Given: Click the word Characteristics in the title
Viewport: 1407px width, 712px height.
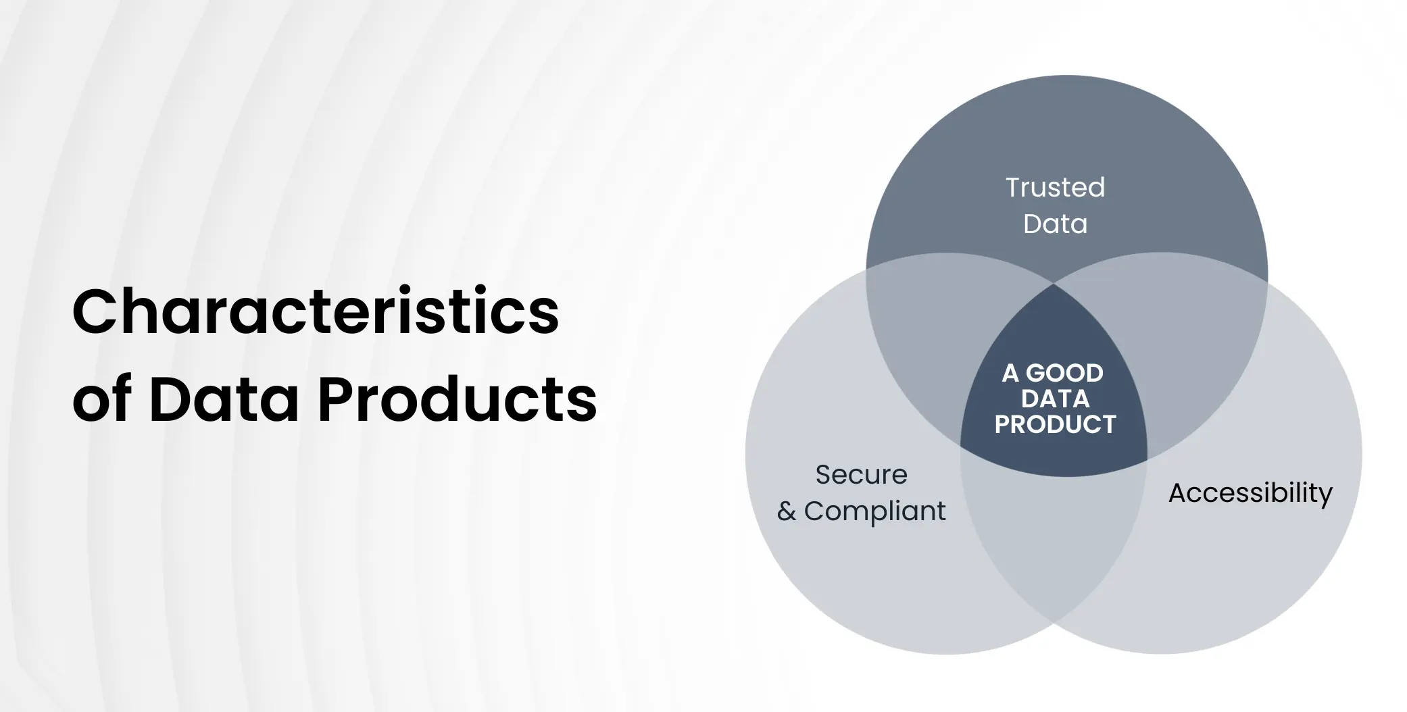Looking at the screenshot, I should (316, 312).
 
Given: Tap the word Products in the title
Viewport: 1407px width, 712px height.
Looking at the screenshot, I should (458, 400).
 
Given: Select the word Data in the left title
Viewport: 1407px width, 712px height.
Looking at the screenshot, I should (224, 400).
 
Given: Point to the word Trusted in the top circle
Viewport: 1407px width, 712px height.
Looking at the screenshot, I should (1055, 188).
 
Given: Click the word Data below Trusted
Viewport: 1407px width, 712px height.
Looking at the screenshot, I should (1055, 224).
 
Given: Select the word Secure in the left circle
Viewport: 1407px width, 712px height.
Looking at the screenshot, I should (861, 475).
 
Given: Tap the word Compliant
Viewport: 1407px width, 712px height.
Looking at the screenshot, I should (874, 512).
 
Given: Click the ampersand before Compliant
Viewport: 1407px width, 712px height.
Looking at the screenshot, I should (786, 512).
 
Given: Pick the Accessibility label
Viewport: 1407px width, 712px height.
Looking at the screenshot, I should (1250, 493).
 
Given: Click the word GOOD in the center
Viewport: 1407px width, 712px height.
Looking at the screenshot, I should (1064, 373).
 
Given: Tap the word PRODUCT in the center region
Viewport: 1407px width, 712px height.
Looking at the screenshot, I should (1055, 425).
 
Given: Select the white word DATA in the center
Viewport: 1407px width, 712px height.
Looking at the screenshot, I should (1055, 399).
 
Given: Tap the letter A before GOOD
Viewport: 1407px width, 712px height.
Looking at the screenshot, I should (1010, 373).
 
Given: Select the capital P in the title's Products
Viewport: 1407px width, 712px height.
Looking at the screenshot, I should (336, 400).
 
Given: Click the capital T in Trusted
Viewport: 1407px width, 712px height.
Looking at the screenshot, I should (1014, 188).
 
